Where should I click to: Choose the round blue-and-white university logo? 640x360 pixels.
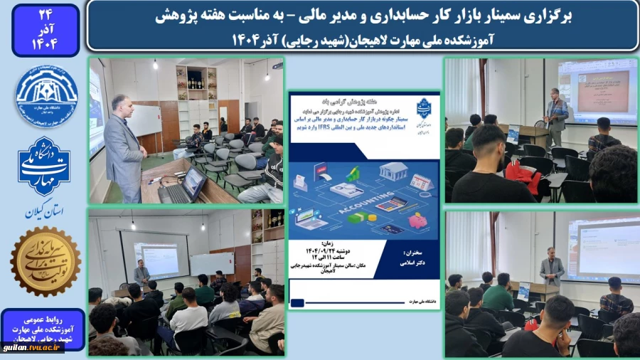pyautogui.click(x=46, y=96)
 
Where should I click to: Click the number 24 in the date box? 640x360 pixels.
pyautogui.click(x=45, y=14)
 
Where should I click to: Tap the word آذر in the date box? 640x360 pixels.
pyautogui.click(x=45, y=30)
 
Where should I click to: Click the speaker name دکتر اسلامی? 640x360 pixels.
pyautogui.click(x=413, y=262)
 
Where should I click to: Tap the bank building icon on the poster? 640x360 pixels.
pyautogui.click(x=393, y=171)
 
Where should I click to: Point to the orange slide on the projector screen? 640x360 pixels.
pyautogui.click(x=586, y=89)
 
